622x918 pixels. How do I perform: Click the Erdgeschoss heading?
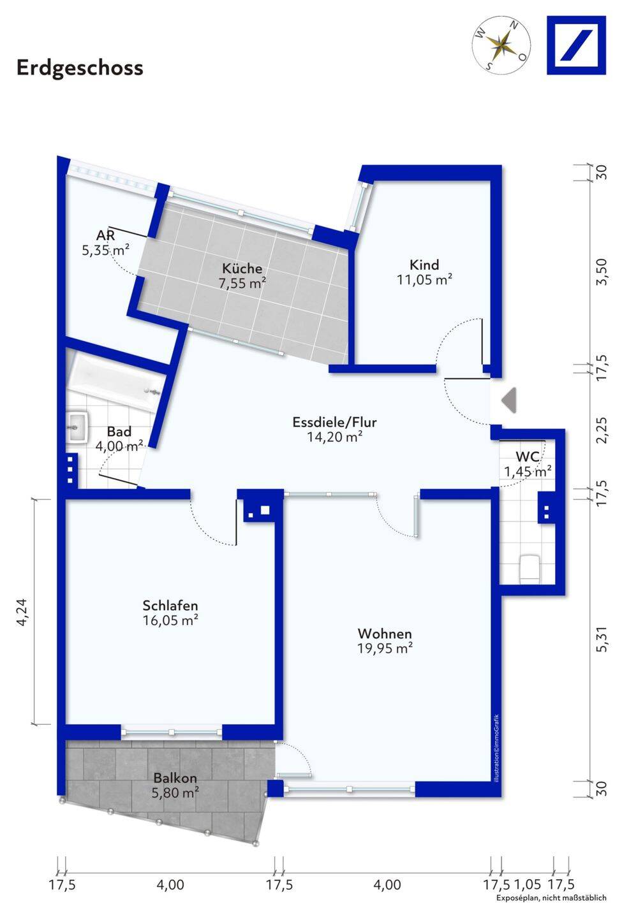[x=80, y=68]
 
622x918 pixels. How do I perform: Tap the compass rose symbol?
[x=502, y=45]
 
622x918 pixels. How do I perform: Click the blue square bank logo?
[x=576, y=45]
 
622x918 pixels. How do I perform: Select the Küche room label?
[x=242, y=268]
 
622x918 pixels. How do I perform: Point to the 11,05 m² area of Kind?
[x=424, y=280]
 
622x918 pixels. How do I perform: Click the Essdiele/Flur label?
[x=334, y=422]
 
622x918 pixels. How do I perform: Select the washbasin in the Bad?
[x=77, y=427]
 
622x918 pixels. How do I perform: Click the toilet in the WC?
[x=530, y=569]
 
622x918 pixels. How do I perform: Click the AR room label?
[x=106, y=236]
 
